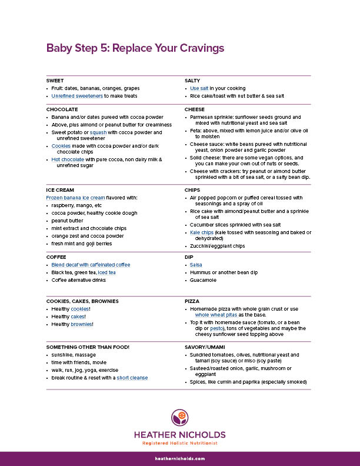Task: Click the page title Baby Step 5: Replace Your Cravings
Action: click(x=135, y=48)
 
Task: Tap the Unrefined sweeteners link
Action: click(x=77, y=95)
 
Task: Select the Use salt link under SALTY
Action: click(x=199, y=88)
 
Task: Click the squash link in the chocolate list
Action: click(x=95, y=133)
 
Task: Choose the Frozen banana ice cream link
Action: click(x=76, y=198)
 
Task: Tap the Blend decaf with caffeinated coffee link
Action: click(x=91, y=265)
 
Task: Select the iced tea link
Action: click(x=106, y=272)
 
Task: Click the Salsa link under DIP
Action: click(x=196, y=265)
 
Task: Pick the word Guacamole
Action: click(x=203, y=280)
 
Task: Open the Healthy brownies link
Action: click(x=83, y=324)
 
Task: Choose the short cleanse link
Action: click(x=132, y=378)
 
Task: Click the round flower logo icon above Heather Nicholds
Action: click(x=180, y=419)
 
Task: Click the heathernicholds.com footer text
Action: click(x=180, y=458)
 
